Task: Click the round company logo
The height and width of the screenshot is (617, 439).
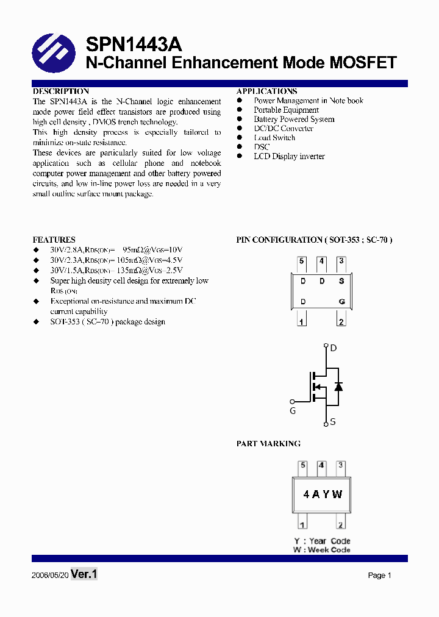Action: coord(54,54)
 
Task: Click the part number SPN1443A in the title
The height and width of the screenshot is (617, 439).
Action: coord(134,45)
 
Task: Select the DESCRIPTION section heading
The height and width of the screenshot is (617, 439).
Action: coord(60,91)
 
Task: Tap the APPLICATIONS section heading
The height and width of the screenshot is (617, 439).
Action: coord(266,91)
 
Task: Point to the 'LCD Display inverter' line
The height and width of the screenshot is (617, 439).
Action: coord(289,156)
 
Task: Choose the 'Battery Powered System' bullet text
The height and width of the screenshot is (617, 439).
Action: coord(294,119)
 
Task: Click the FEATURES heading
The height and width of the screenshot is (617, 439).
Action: coord(54,240)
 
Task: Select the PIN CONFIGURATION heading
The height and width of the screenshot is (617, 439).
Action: coord(314,240)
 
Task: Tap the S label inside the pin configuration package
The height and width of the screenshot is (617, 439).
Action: coord(341,281)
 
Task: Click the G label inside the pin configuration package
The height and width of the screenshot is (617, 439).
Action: coord(341,302)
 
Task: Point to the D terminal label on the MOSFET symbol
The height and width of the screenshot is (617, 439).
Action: coord(333,348)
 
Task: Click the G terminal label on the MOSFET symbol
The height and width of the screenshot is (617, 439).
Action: coord(293,411)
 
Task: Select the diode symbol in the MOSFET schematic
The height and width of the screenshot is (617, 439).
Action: coord(338,387)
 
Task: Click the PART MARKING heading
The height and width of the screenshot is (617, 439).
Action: coord(268,443)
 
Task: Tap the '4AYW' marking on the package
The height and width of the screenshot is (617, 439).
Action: coord(323,494)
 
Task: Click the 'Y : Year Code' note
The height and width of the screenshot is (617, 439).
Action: coord(322,541)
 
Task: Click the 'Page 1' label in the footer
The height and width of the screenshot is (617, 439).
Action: coord(379,576)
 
